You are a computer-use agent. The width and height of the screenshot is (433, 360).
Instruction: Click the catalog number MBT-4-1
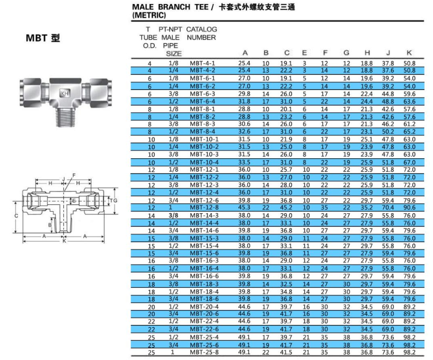coord(202,63)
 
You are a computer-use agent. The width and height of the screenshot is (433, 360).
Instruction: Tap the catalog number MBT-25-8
coord(204,352)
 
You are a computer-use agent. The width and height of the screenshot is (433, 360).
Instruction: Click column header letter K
coord(409,53)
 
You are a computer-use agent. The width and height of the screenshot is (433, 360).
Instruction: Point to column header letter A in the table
coord(245,53)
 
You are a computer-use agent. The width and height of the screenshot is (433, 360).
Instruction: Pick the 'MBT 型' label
coord(43,38)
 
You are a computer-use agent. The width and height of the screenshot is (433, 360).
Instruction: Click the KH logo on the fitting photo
coord(64,93)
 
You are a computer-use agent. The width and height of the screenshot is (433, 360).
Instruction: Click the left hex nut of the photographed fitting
coord(30,92)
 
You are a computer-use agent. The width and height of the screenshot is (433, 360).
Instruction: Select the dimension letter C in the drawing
coord(16,216)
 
